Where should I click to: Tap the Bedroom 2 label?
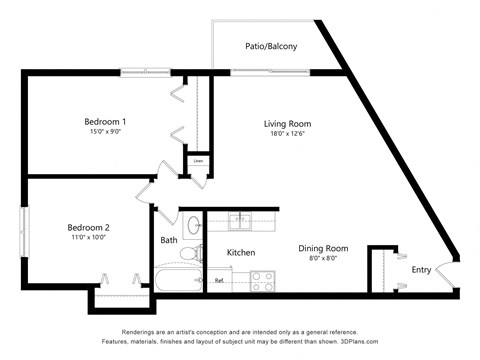coord(89,226)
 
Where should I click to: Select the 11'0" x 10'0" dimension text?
coord(89,237)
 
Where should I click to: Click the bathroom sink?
coord(193,223)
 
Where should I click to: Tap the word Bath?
coord(169,240)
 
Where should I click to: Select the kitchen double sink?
coord(241,219)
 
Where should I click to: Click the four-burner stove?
coord(262,281)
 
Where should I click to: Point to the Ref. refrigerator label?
coord(219,281)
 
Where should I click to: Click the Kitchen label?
coord(242,252)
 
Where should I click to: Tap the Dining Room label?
coord(323,248)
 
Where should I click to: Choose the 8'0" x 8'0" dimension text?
coord(323,258)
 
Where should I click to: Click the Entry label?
coord(422,269)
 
